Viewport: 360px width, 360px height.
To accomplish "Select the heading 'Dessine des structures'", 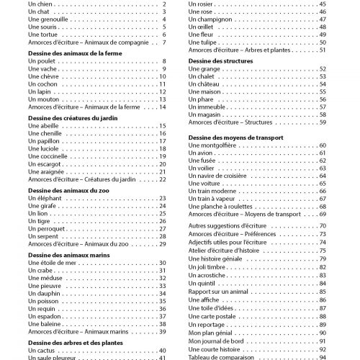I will pyautogui.click(x=216, y=62).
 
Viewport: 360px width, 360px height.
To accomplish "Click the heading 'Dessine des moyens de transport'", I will pyautogui.click(x=234, y=137).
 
